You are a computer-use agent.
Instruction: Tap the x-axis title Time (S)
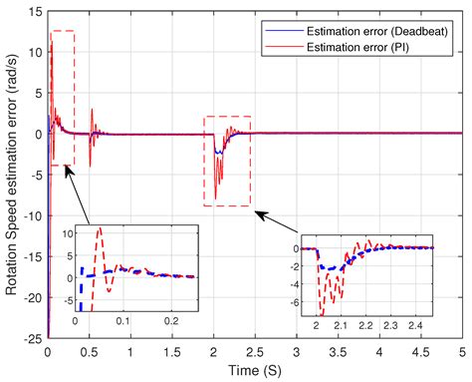click(x=256, y=370)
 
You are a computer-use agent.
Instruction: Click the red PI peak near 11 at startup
click(x=52, y=44)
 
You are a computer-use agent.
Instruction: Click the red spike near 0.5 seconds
click(x=91, y=112)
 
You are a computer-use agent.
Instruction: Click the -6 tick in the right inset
click(x=303, y=297)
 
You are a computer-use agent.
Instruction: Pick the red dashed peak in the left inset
click(x=98, y=230)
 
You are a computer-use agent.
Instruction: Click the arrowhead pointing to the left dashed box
click(x=66, y=169)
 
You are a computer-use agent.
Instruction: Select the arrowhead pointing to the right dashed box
click(x=257, y=211)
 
